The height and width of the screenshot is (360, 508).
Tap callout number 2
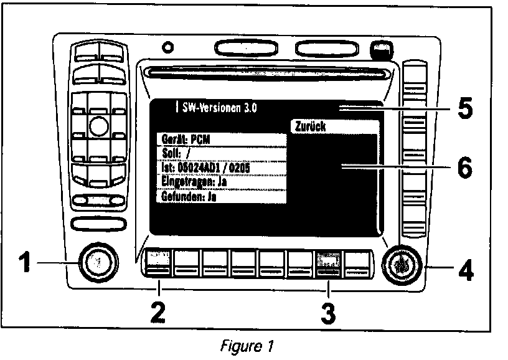point(159,311)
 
